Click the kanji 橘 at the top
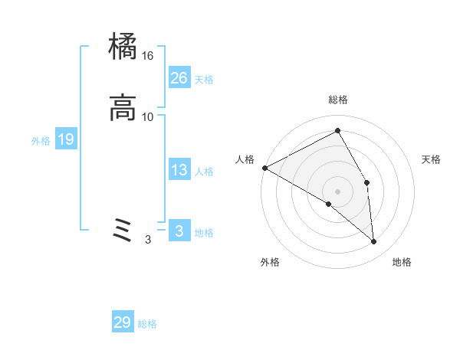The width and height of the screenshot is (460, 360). [123, 48]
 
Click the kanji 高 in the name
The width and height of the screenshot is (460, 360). [123, 108]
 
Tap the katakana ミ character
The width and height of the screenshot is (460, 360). [123, 229]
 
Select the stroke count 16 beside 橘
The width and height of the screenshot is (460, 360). [148, 56]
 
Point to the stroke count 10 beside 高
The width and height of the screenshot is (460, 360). [148, 116]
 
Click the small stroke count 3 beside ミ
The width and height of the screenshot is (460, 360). [148, 240]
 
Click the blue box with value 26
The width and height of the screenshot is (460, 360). [179, 77]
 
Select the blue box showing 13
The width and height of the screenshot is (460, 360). [179, 170]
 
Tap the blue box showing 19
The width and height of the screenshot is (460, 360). [66, 139]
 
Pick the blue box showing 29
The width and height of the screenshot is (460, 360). [123, 322]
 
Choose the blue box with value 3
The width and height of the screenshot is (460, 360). [179, 231]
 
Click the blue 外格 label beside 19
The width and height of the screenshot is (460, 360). [41, 141]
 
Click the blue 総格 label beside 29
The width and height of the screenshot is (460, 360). [148, 324]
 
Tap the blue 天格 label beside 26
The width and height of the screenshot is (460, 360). [204, 80]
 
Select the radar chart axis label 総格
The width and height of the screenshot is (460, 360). [338, 100]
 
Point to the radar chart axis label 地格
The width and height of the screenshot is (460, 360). [402, 262]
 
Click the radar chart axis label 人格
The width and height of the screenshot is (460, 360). [245, 159]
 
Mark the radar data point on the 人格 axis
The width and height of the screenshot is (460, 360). [264, 168]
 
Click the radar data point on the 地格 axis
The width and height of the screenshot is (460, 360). [374, 241]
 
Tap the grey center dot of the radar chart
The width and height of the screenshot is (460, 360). [338, 191]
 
